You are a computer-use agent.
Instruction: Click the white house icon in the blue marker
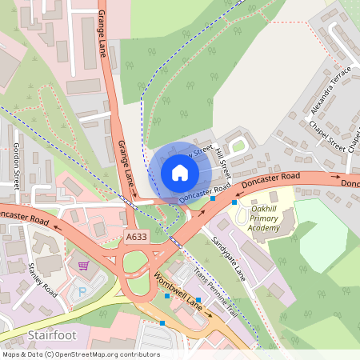coord(180,172)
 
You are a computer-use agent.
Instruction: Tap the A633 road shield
coord(136,237)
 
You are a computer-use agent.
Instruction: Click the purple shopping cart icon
coord(82,265)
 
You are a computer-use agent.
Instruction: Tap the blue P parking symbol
coord(81,293)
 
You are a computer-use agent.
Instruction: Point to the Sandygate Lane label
coord(228,256)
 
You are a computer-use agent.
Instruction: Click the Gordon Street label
coord(16,163)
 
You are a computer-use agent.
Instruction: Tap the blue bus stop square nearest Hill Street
coord(213,198)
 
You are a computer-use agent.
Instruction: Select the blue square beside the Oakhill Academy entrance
coord(234,202)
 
